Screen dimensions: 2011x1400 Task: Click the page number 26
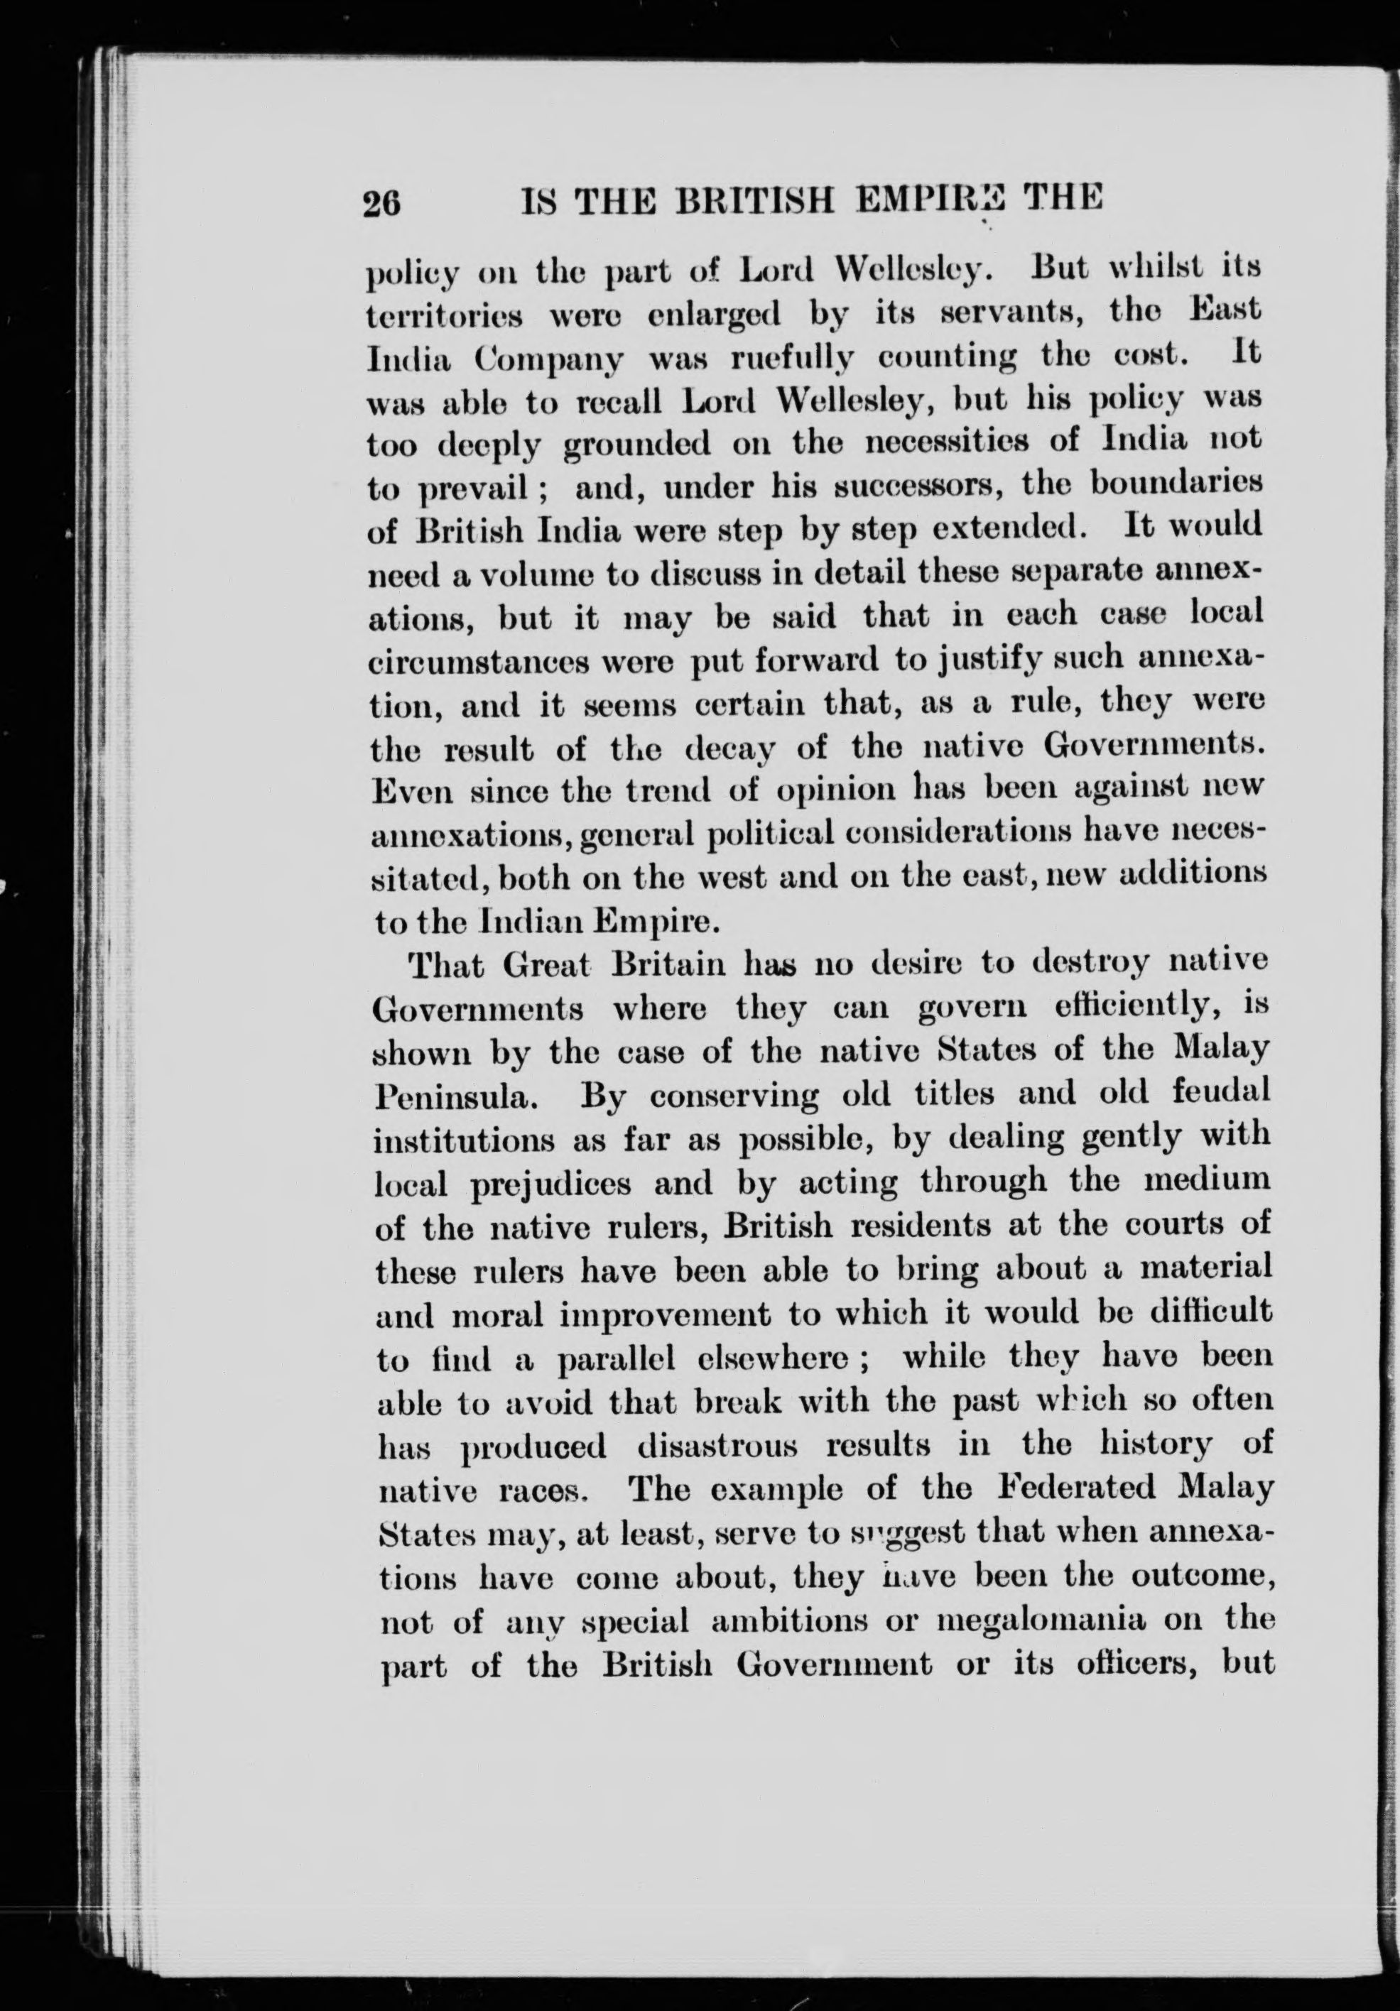[382, 204]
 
